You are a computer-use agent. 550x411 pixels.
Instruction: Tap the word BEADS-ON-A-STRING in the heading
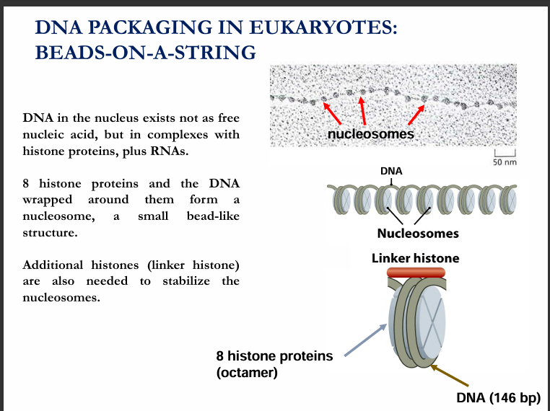(x=145, y=53)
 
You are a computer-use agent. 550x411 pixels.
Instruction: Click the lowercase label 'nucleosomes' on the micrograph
(x=371, y=134)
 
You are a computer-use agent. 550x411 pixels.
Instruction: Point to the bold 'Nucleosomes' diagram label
(x=418, y=233)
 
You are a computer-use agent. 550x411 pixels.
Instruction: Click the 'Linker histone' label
(x=415, y=257)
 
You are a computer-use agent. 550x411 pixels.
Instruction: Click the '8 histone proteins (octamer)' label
(x=274, y=364)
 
